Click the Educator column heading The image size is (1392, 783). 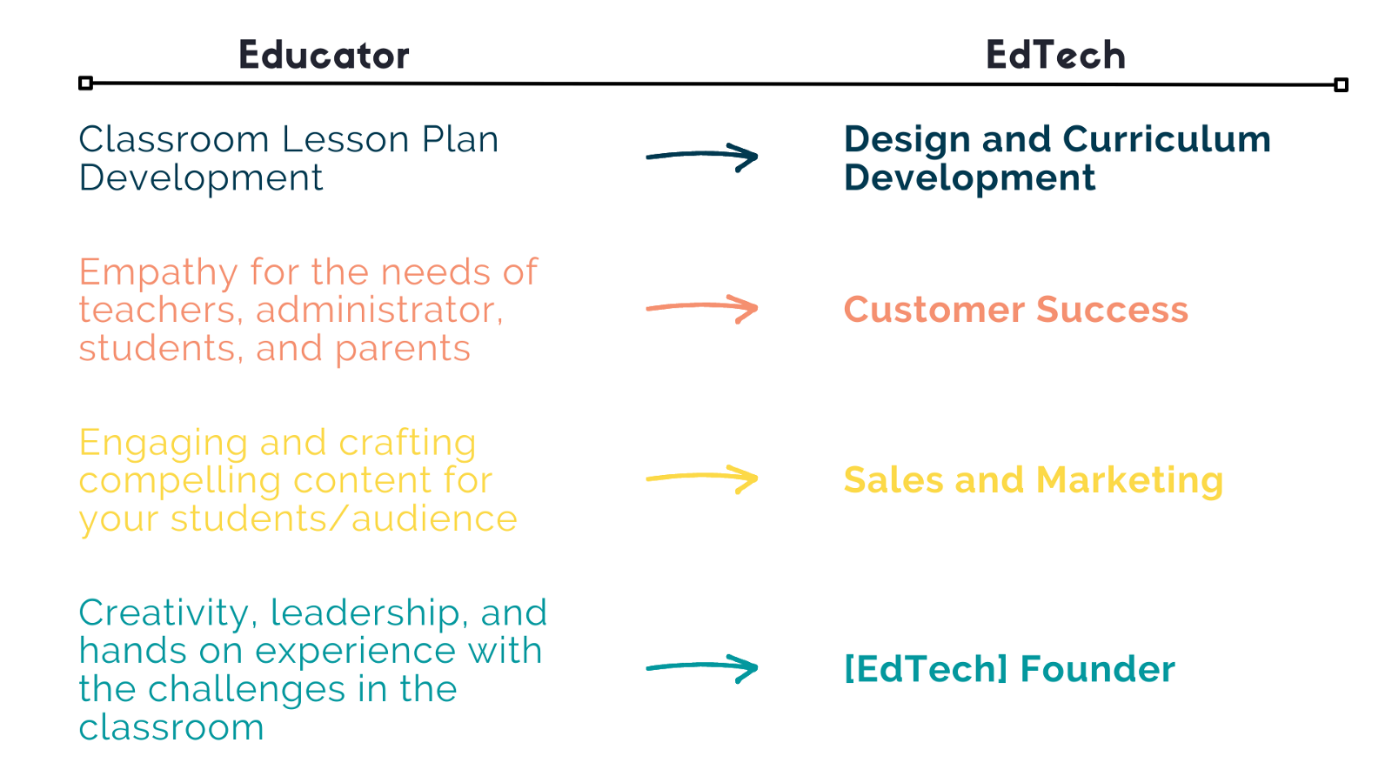[324, 55]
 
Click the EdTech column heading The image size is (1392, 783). [1056, 55]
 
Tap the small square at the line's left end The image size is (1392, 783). [86, 83]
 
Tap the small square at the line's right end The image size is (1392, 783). [1341, 84]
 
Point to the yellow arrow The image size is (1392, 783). [702, 477]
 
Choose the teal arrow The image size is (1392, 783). [702, 666]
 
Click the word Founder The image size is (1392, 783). [1097, 669]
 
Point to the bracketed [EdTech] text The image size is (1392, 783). [926, 669]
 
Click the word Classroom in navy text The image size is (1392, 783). [173, 138]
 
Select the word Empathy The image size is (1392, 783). [158, 273]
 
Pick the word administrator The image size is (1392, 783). [379, 310]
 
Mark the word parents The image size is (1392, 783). [403, 350]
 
